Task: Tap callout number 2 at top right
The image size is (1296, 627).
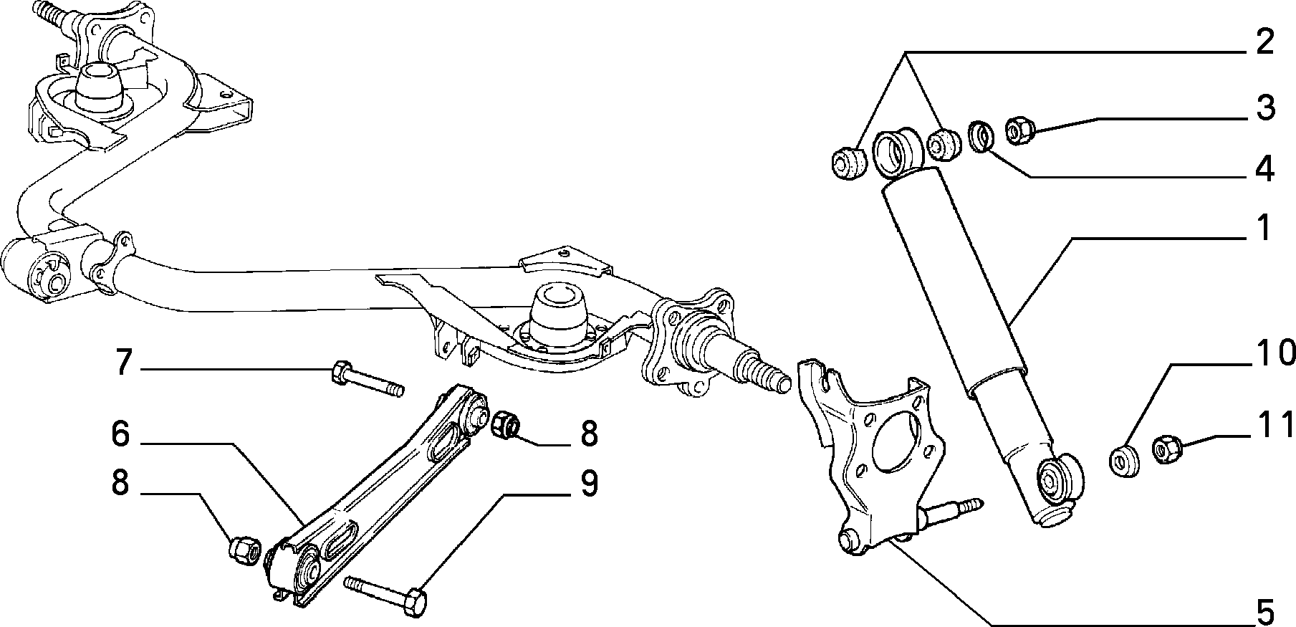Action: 1264,42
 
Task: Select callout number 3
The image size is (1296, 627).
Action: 1264,107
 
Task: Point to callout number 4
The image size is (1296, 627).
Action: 1264,169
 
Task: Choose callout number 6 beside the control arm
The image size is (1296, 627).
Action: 120,434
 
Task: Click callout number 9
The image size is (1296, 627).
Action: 588,484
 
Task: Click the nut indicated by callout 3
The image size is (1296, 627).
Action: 1020,130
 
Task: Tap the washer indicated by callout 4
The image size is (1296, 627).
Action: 981,136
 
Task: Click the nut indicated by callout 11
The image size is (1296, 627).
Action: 1166,448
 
